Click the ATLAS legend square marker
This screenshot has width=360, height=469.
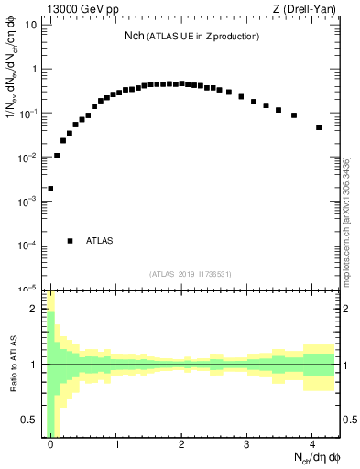[70, 241]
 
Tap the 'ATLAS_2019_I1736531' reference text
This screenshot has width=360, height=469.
[191, 274]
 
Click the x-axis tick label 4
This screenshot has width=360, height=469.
[312, 444]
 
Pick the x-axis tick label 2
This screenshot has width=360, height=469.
[182, 444]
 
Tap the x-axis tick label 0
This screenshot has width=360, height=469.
[51, 444]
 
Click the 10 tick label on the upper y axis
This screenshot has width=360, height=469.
[30, 25]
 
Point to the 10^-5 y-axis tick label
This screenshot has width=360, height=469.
[27, 288]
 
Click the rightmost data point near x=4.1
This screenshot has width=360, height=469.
[319, 127]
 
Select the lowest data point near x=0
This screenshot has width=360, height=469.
[50, 189]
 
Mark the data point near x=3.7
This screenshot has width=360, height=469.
[293, 115]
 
